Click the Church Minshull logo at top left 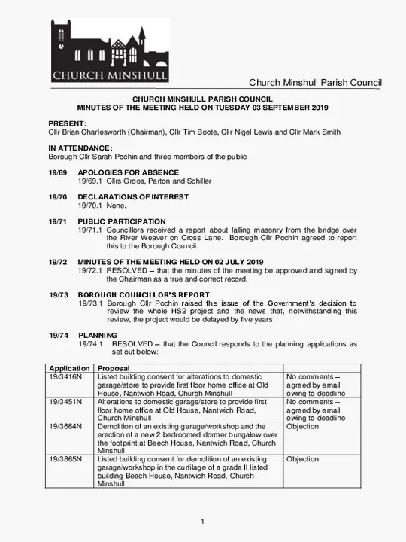pyautogui.click(x=110, y=50)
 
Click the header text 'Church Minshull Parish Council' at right pyautogui.click(x=315, y=83)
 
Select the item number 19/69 pyautogui.click(x=58, y=172)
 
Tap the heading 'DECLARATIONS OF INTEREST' pyautogui.click(x=133, y=197)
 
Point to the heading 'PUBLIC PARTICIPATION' pyautogui.click(x=122, y=222)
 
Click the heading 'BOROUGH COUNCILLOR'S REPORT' pyautogui.click(x=144, y=295)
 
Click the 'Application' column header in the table pyautogui.click(x=69, y=369)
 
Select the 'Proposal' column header pyautogui.click(x=114, y=369)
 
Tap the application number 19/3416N pyautogui.click(x=66, y=377)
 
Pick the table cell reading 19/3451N pyautogui.click(x=66, y=402)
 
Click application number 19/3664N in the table pyautogui.click(x=66, y=427)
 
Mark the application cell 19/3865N pyautogui.click(x=66, y=459)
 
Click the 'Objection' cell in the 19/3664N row pyautogui.click(x=303, y=427)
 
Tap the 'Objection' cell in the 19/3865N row pyautogui.click(x=303, y=459)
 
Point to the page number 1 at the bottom pyautogui.click(x=203, y=522)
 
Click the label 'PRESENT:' pyautogui.click(x=67, y=123)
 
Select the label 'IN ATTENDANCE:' pyautogui.click(x=80, y=148)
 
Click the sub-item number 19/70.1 pyautogui.click(x=90, y=206)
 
